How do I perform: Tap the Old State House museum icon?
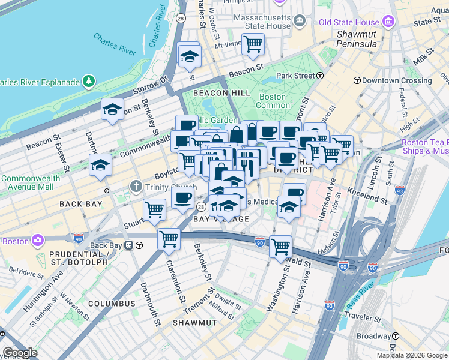[x=388, y=22]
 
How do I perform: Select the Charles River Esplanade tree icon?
[x=89, y=80]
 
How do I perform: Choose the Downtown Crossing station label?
[x=388, y=80]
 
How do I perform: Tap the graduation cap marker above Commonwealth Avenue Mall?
[x=100, y=164]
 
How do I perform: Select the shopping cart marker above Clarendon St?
[x=169, y=238]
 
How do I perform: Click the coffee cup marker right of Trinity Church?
[x=182, y=198]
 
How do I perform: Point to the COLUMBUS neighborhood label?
[x=112, y=304]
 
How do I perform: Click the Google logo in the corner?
[x=20, y=353]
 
